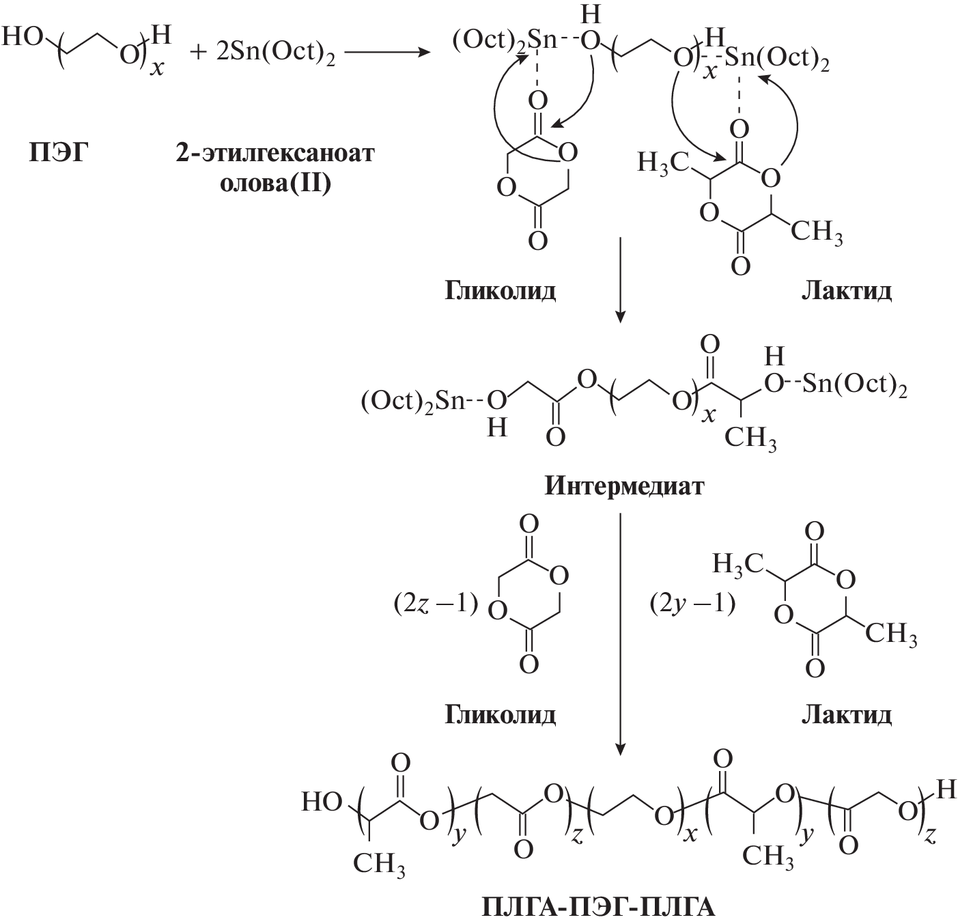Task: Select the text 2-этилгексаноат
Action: coord(275,153)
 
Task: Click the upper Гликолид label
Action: coord(501,291)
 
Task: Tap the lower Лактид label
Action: coord(846,715)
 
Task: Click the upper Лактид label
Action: coord(846,291)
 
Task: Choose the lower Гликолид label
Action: coord(501,715)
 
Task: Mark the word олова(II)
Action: coord(275,183)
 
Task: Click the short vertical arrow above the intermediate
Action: coord(619,280)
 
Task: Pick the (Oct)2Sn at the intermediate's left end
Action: coord(412,402)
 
